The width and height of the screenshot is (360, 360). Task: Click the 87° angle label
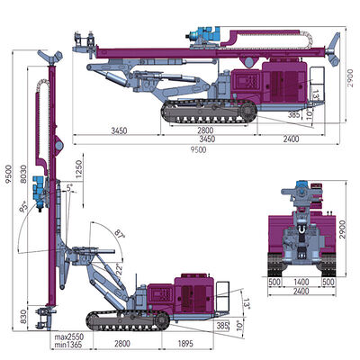coord(120,236)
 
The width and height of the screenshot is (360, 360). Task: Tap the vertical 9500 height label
coord(9,184)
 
